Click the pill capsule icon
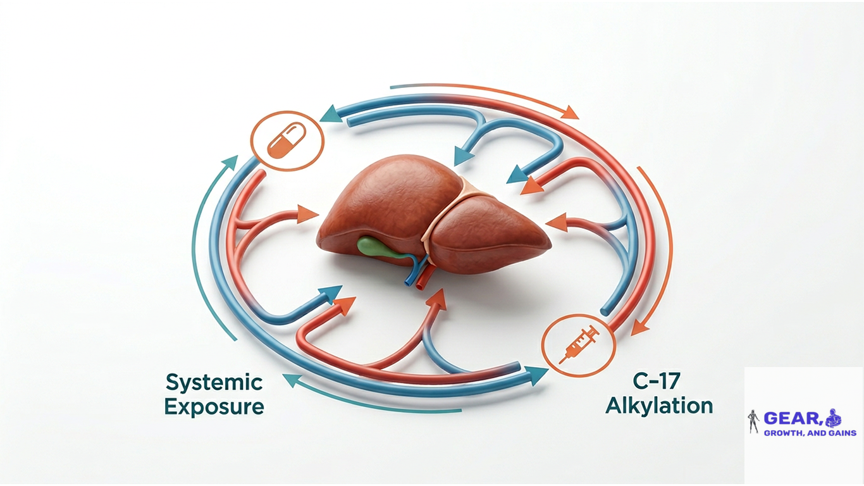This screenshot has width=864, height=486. pos(287,140)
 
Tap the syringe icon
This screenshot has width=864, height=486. pos(578,344)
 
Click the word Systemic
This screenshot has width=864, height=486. pos(214,383)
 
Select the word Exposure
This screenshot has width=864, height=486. pos(214,407)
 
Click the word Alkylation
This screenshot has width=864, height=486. pos(659,406)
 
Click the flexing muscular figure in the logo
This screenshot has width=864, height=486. pos(832,418)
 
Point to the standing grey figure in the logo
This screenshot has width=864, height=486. pos(753,421)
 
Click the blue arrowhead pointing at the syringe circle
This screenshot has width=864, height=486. pos(538,375)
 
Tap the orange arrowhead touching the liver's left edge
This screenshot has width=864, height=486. pos(307,215)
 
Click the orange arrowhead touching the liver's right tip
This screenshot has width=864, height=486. pos(557,223)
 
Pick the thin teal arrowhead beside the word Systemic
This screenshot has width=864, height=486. pos(293,380)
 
